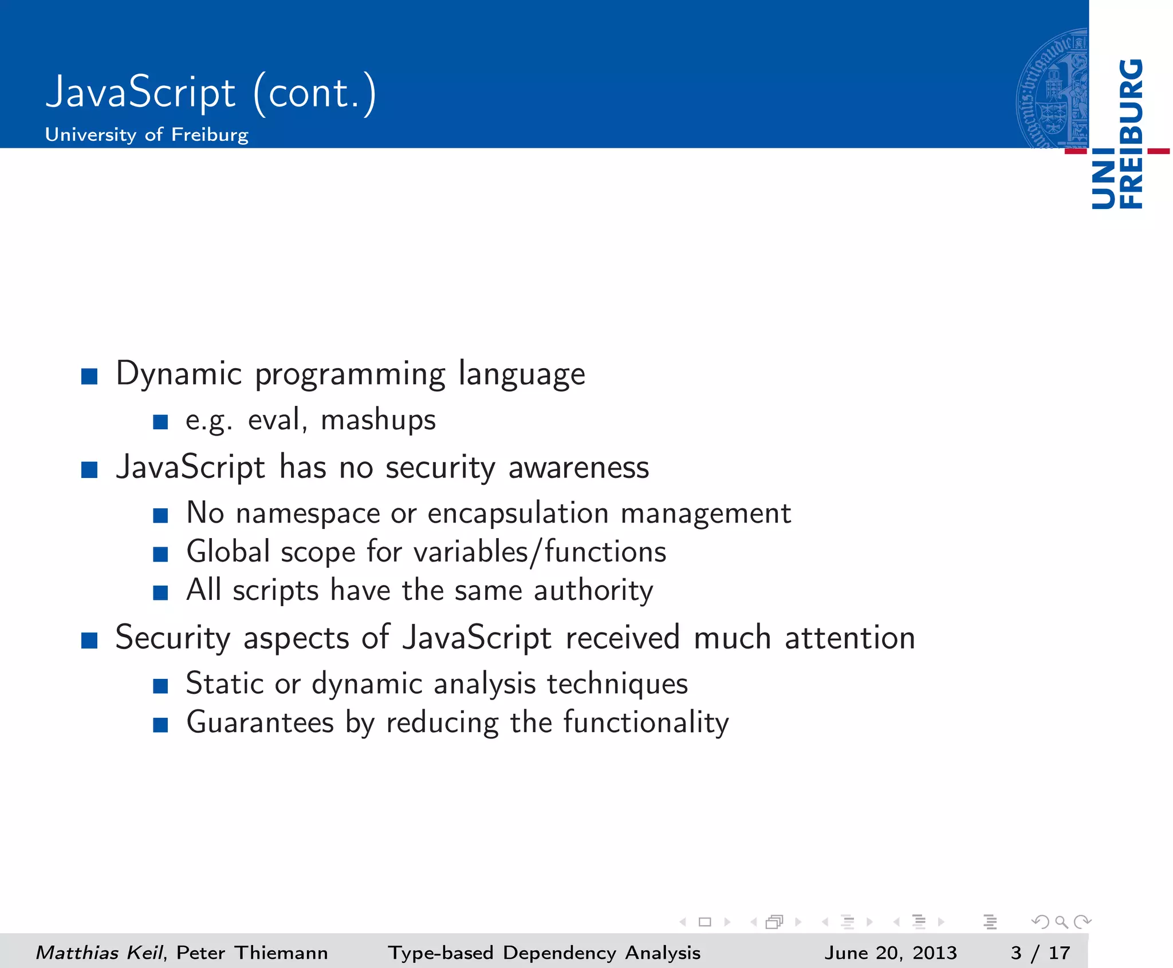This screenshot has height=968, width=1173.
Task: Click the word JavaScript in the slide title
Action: [140, 93]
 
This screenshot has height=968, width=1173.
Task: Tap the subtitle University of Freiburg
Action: [147, 135]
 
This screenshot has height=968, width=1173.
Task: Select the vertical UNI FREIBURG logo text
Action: [1117, 135]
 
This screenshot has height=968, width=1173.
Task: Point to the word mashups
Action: [378, 420]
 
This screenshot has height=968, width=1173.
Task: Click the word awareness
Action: [578, 468]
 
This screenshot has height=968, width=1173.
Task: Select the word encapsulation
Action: [518, 513]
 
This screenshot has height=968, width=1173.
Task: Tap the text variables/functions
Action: [540, 552]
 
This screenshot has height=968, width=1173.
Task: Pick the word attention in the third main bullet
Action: [849, 638]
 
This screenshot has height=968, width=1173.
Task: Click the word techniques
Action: [617, 684]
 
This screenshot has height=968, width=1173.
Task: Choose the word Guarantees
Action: [260, 722]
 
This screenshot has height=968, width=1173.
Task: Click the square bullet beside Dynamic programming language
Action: [89, 377]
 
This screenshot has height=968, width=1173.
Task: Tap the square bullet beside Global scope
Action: [160, 554]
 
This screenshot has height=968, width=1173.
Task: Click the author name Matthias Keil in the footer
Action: [99, 953]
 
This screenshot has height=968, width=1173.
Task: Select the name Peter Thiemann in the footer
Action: [252, 953]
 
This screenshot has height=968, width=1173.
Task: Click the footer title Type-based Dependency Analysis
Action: [544, 953]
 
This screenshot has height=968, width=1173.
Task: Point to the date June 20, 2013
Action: [891, 953]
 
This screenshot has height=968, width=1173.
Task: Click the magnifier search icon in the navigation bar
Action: [1061, 922]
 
